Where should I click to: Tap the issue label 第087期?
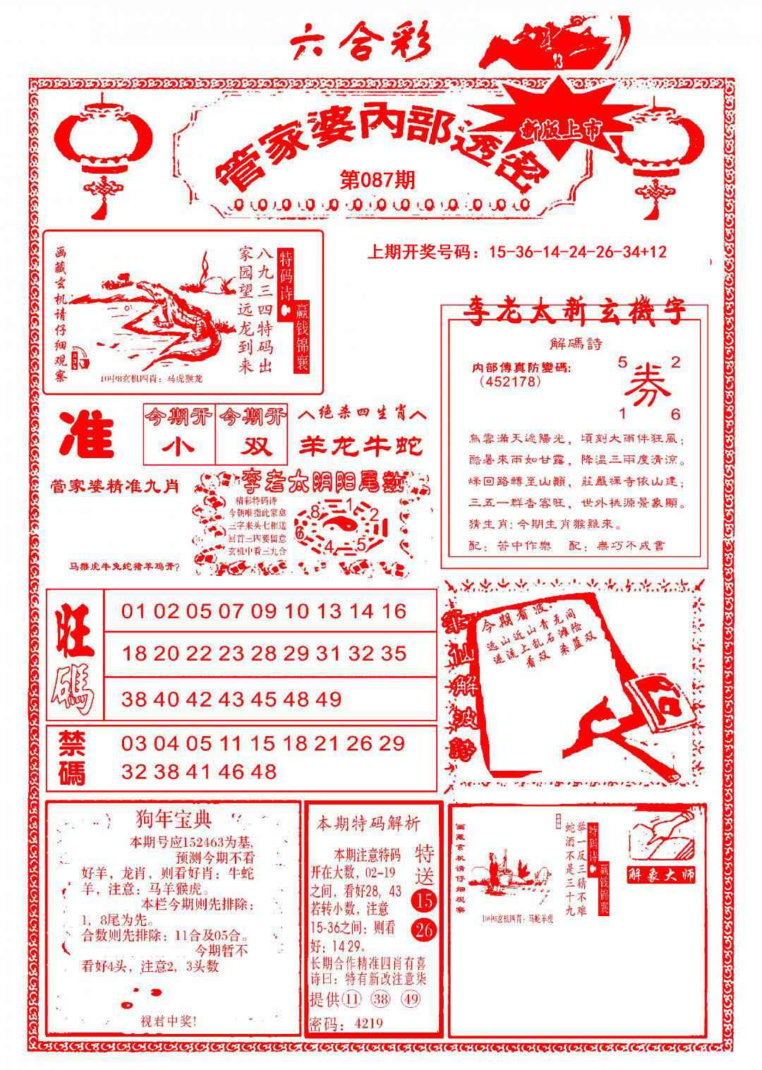point(377,179)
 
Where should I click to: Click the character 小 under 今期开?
point(178,447)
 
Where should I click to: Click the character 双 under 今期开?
point(252,447)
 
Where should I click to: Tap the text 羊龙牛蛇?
point(361,445)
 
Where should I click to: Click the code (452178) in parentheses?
point(509,382)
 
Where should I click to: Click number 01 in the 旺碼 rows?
point(134,611)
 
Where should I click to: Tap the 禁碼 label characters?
point(72,758)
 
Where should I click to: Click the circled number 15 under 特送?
point(425,901)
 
